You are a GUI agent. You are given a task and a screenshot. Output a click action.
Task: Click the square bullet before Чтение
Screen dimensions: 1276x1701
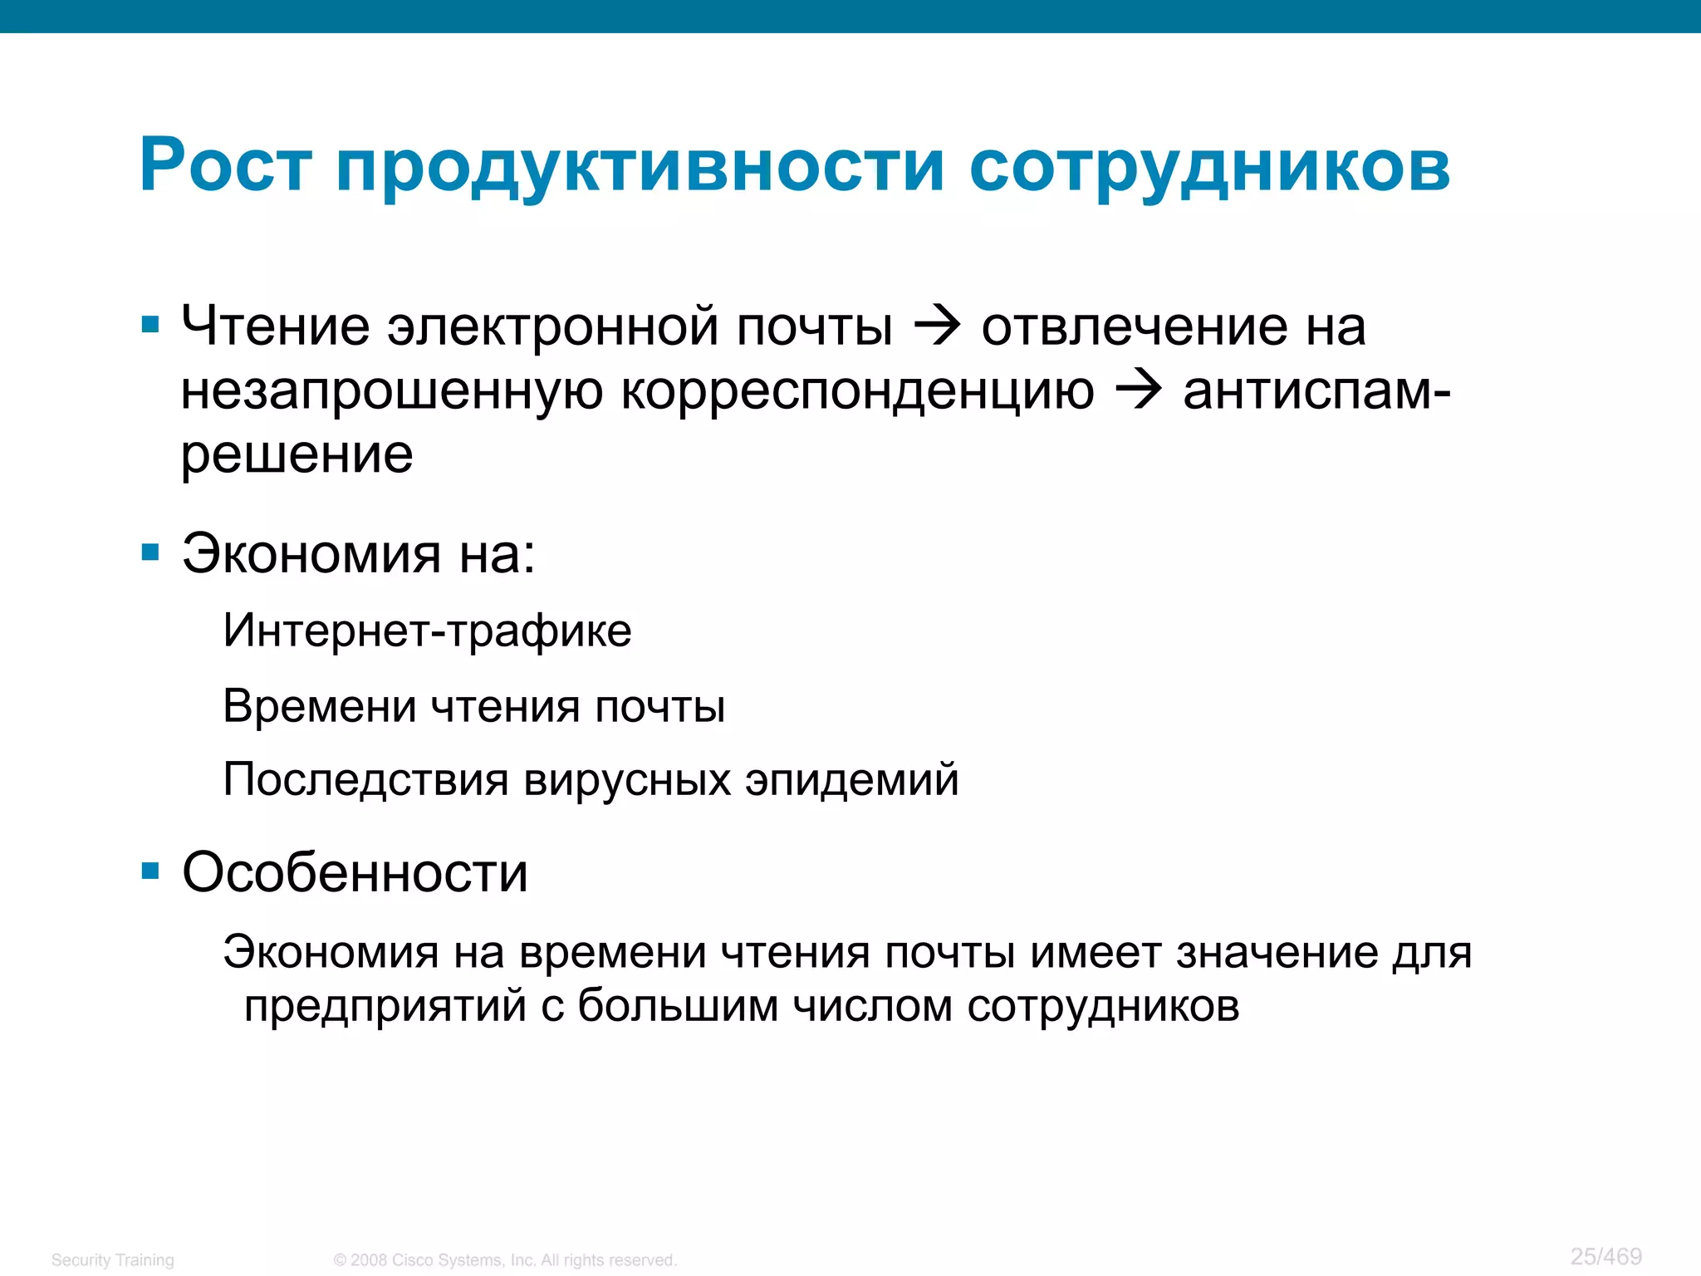point(150,324)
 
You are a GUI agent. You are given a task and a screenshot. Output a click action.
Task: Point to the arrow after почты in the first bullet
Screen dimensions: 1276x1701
point(937,326)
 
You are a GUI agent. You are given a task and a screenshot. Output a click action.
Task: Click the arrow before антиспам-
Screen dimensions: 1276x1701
point(1138,390)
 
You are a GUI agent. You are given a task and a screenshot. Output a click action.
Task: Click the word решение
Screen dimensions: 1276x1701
point(297,455)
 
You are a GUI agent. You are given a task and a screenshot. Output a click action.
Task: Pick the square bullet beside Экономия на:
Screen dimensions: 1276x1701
point(150,552)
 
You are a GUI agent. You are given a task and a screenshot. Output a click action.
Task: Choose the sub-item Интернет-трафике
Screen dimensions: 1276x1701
point(427,631)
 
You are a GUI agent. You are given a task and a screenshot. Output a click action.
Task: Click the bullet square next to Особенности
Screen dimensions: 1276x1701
point(150,871)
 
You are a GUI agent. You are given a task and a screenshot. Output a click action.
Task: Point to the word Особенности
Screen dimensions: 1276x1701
point(355,873)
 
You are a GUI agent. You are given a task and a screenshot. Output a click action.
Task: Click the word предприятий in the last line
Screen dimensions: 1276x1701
point(385,1007)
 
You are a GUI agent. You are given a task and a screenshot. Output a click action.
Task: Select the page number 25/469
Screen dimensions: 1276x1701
point(1605,1256)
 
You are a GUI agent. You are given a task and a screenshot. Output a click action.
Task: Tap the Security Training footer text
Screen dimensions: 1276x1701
point(113,1260)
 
